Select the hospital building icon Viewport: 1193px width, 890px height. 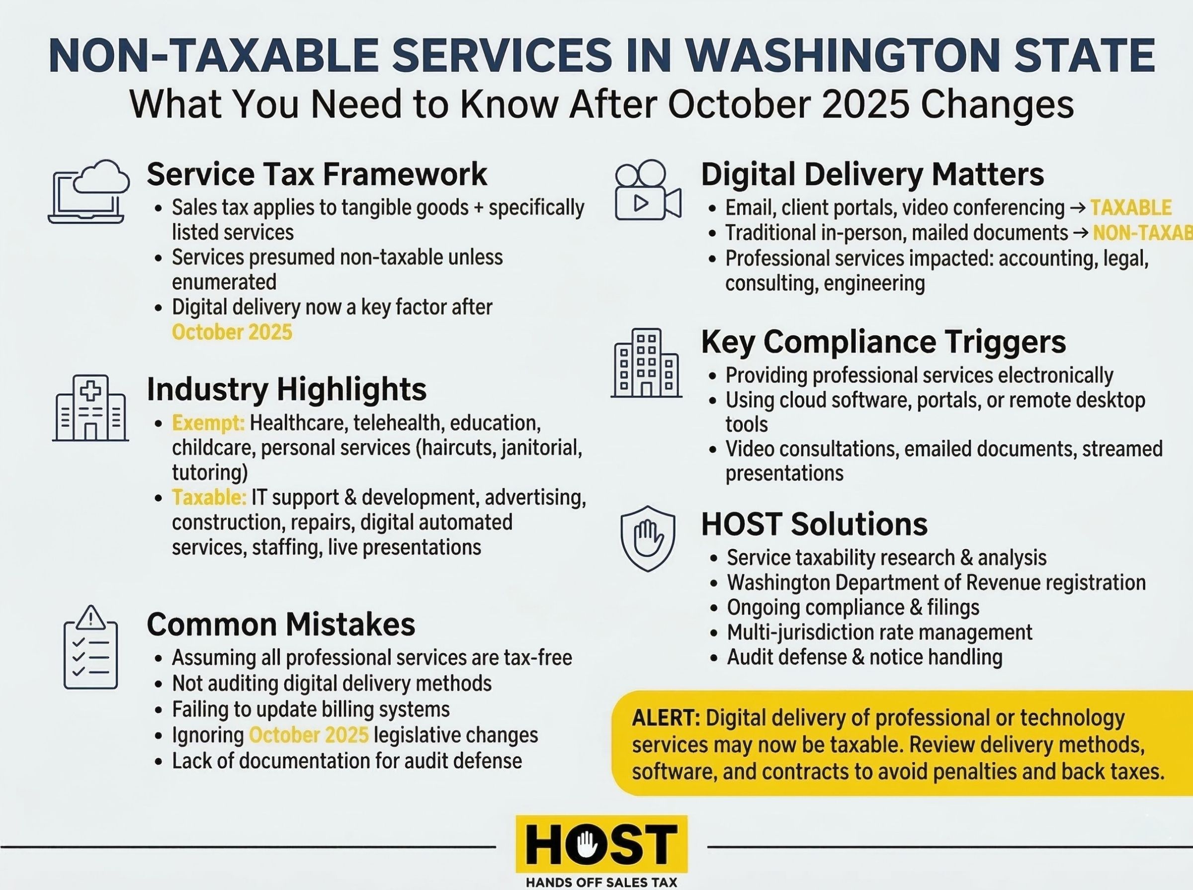(x=90, y=408)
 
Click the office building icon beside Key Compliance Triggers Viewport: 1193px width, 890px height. (x=646, y=363)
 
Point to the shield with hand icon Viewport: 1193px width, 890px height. (x=647, y=538)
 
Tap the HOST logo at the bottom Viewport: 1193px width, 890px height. (x=601, y=844)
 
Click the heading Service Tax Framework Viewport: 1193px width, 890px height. (x=317, y=175)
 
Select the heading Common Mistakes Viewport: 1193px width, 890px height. (x=281, y=624)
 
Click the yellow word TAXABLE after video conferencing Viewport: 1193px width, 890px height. (x=1131, y=208)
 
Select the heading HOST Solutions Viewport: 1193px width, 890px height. (x=814, y=524)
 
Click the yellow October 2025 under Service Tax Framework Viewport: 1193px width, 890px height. (x=232, y=332)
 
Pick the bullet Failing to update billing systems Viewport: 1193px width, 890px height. (x=311, y=710)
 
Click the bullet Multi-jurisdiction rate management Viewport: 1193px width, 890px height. (x=879, y=632)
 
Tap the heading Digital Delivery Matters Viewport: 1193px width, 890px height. (x=872, y=175)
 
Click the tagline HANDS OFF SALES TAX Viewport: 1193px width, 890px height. (x=601, y=883)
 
